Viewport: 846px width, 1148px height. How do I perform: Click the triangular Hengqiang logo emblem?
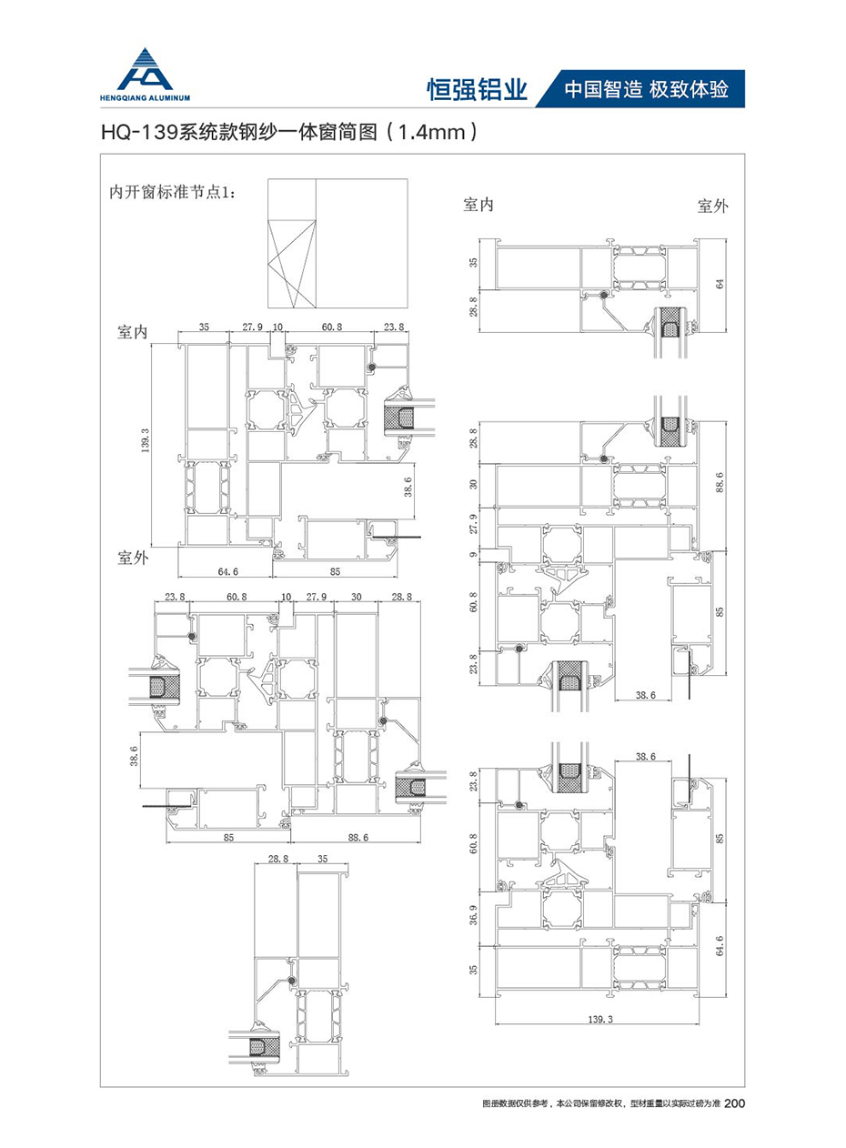pos(148,66)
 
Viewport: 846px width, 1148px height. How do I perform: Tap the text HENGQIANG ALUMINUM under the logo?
pos(148,94)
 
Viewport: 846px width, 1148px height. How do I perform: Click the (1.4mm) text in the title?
pos(432,133)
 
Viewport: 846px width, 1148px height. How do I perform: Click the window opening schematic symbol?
pos(337,244)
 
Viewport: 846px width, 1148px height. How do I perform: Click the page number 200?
pos(735,1103)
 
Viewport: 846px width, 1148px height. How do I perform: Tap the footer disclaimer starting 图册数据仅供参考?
pos(599,1104)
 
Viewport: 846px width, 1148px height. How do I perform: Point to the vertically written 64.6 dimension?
pos(720,947)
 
